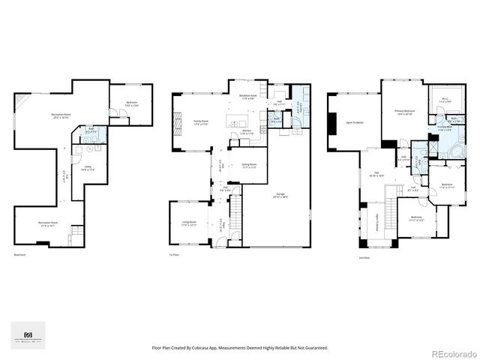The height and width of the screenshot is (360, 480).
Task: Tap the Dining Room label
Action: point(249,166)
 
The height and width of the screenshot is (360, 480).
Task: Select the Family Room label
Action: point(201,121)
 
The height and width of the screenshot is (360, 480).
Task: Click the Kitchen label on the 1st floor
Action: point(245,131)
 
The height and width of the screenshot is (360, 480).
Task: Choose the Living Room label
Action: point(188,223)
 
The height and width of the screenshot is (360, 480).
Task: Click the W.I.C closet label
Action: point(444,99)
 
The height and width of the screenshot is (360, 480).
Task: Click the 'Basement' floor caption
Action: point(19,256)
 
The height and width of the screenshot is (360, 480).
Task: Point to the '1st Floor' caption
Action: point(174,256)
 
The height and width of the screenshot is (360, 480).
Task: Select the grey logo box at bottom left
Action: point(28,335)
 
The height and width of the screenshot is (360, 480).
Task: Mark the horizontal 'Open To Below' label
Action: point(355,121)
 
